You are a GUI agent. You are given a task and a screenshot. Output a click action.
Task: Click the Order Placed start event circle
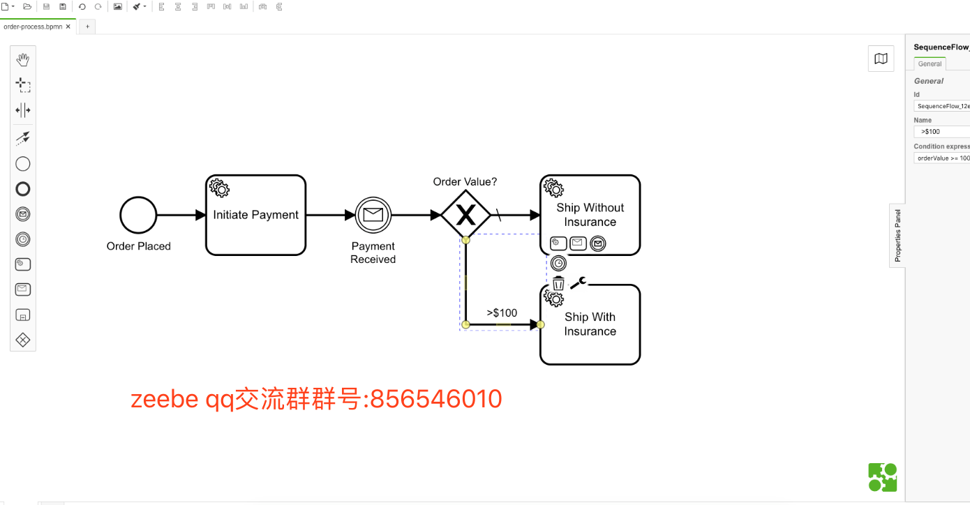tap(138, 215)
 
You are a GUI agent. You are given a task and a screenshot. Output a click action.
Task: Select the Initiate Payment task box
tap(255, 223)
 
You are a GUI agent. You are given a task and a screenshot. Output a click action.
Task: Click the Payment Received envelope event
tap(373, 215)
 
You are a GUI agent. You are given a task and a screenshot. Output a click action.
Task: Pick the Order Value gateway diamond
tap(465, 215)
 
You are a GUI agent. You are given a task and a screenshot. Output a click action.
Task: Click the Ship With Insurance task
tap(590, 331)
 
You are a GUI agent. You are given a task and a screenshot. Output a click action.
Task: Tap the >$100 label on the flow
tap(502, 312)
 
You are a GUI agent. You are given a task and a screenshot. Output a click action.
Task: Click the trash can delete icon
tap(558, 283)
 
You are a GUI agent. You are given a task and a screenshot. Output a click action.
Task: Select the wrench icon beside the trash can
tap(579, 282)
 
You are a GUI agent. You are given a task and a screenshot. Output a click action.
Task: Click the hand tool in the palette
tap(23, 60)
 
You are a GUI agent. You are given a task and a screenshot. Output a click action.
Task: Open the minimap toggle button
tap(881, 59)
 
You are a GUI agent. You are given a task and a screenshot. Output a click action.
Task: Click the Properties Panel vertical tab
tap(897, 235)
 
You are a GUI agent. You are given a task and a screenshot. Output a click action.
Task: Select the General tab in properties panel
tap(930, 63)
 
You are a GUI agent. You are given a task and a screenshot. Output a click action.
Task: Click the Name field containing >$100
tap(942, 132)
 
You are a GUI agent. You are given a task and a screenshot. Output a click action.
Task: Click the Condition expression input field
tap(942, 158)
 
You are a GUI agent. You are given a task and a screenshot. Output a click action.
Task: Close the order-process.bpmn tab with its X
tap(68, 27)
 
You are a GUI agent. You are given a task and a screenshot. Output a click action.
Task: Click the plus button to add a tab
tap(87, 27)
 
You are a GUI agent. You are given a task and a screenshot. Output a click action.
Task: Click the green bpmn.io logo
tap(882, 478)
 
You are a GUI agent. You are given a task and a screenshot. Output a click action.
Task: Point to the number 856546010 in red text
tap(436, 399)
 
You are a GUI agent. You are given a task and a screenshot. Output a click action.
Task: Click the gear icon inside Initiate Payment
tap(219, 188)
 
